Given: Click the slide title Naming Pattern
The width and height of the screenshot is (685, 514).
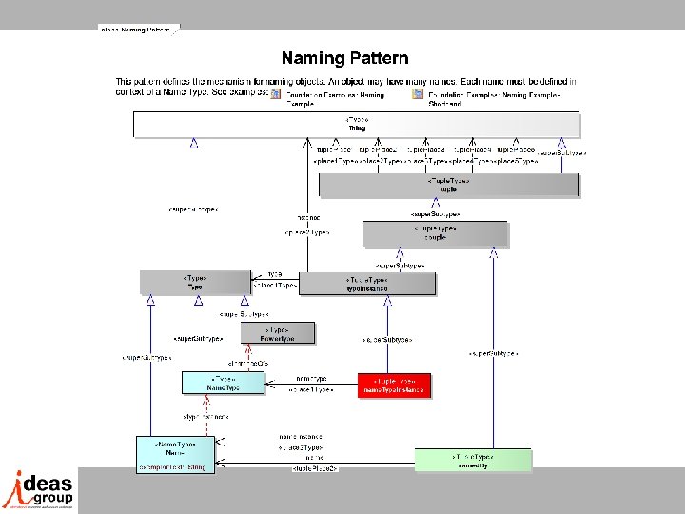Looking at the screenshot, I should coord(344,59).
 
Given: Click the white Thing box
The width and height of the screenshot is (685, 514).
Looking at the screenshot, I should coord(356,125).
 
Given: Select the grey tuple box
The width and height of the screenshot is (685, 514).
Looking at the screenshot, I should coord(448,185).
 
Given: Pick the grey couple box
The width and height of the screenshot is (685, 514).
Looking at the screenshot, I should coord(435,233).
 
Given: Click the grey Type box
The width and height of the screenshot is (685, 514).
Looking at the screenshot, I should coord(194,282).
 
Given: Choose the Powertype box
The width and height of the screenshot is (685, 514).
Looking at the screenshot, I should coord(278,333).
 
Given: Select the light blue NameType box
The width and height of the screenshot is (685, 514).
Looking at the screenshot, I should coord(223,383).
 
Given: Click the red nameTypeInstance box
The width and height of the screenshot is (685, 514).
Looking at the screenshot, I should coord(394,385).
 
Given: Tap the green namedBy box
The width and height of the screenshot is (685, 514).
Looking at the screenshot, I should coord(473,460).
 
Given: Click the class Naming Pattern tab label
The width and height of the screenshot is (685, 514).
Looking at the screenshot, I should coord(134,30).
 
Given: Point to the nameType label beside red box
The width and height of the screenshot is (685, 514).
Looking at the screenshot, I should coord(312,378).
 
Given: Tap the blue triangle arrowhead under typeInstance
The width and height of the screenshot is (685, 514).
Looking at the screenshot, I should coord(387,302).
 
